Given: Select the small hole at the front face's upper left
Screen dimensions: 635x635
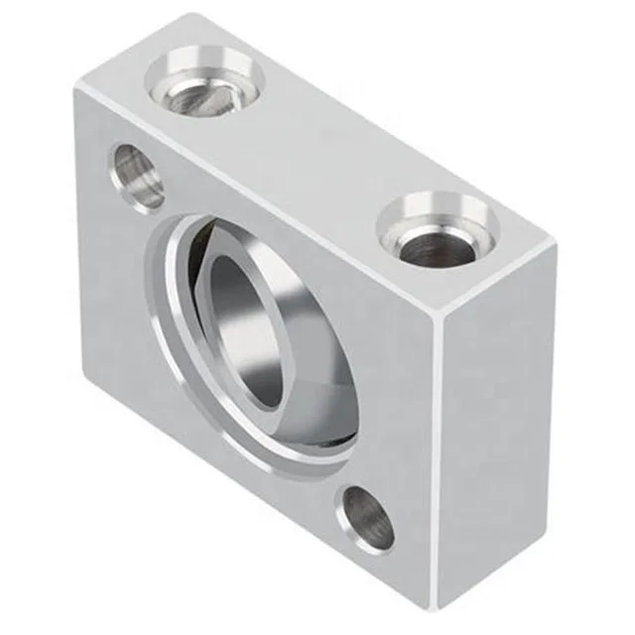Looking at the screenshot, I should (137, 175).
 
